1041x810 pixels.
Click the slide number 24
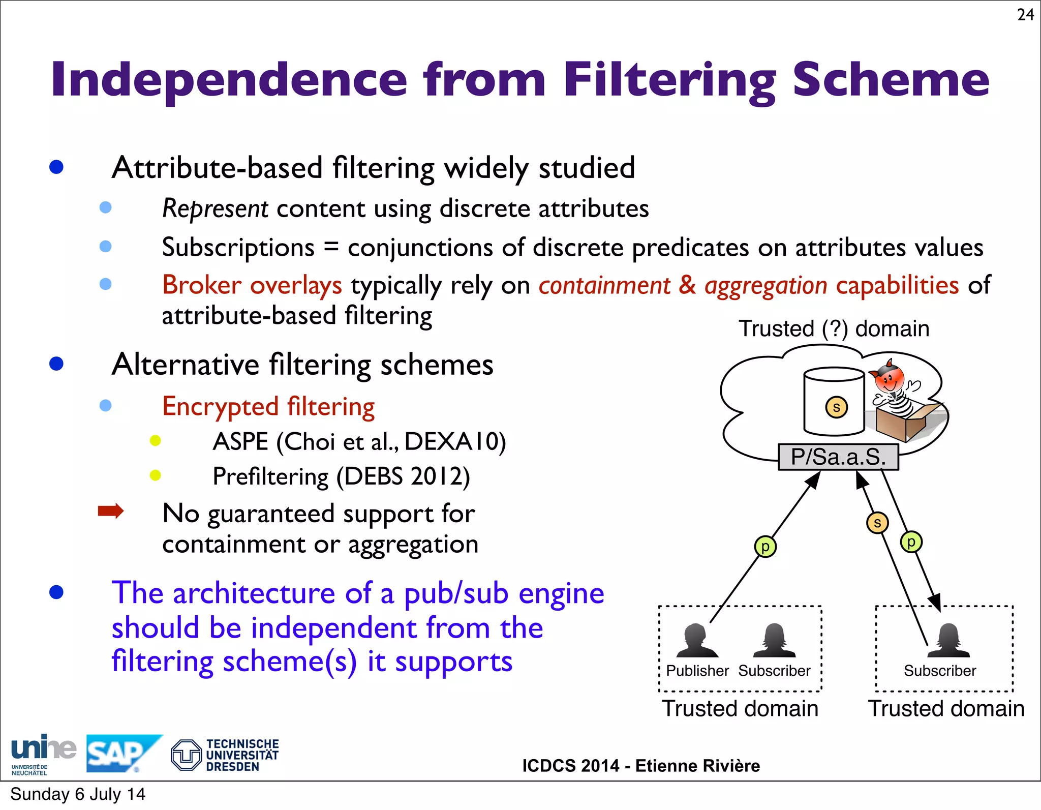coord(1025,15)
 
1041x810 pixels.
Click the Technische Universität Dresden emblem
coord(186,755)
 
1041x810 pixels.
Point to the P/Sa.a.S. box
coord(838,457)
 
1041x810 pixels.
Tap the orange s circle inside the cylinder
coord(836,407)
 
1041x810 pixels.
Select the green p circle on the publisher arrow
coord(765,547)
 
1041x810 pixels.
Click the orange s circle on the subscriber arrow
coord(877,523)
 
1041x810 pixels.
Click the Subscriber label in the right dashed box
coord(939,671)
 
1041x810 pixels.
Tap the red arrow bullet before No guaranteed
coord(111,511)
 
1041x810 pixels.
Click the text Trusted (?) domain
coord(834,328)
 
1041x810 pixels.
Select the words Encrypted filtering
coord(268,407)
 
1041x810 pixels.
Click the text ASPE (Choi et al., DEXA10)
coord(359,441)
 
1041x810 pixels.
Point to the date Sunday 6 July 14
coord(78,794)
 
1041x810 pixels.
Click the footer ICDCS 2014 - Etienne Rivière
coord(640,766)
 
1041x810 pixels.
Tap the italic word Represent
coord(215,209)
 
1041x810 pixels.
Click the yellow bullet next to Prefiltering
coord(156,475)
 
